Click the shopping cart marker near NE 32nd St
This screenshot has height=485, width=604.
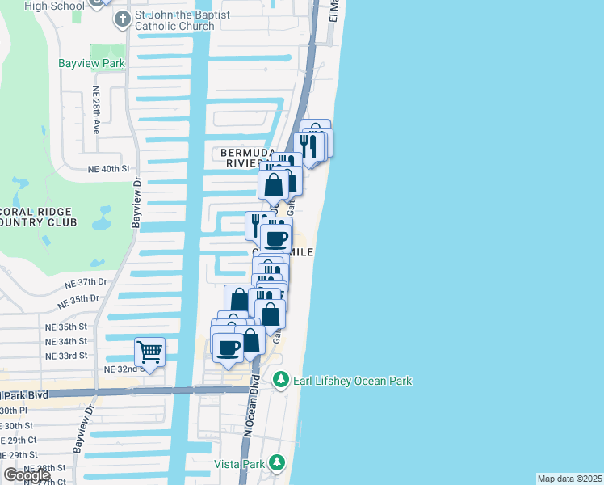click(149, 352)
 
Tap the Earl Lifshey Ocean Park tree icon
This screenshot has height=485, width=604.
click(281, 379)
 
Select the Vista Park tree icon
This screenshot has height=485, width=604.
click(277, 462)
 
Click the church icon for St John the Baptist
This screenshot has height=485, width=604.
click(122, 19)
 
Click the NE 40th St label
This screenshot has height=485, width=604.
click(109, 168)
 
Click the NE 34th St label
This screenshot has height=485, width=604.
click(66, 341)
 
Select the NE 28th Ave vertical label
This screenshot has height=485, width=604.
click(95, 111)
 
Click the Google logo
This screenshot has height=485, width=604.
click(27, 475)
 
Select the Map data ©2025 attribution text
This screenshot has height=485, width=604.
click(569, 479)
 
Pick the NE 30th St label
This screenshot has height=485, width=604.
click(16, 425)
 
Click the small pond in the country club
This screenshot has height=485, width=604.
click(102, 216)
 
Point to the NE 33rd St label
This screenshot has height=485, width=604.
click(66, 356)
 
